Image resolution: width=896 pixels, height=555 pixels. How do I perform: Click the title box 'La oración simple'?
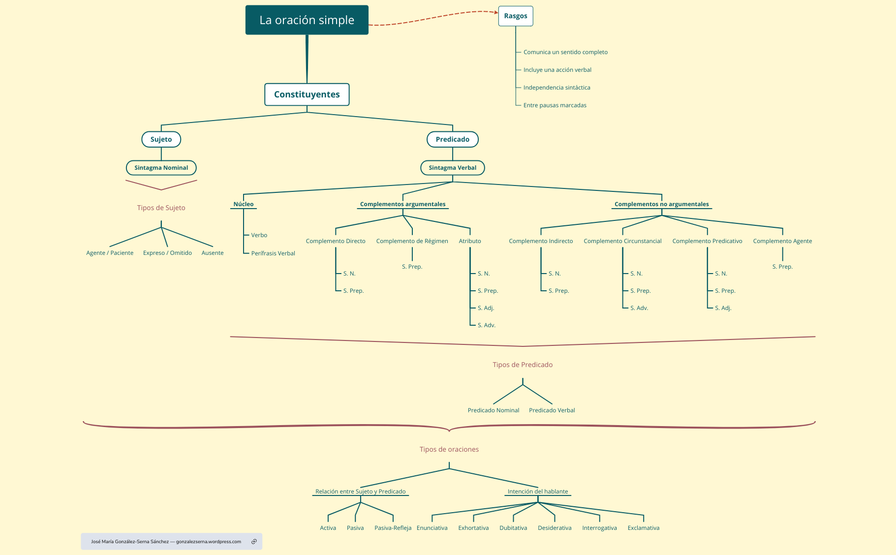(x=307, y=20)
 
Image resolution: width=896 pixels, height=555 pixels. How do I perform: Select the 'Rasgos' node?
(x=515, y=16)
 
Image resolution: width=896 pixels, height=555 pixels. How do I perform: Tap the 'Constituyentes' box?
(x=307, y=94)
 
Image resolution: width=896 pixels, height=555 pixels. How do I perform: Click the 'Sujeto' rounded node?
(x=161, y=139)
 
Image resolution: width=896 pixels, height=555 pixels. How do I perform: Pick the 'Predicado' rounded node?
(x=452, y=139)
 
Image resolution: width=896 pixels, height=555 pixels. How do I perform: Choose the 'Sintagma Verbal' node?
(x=452, y=168)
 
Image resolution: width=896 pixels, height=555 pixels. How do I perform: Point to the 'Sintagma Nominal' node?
(x=161, y=168)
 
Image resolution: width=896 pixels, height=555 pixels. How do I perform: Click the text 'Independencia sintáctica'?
(x=556, y=88)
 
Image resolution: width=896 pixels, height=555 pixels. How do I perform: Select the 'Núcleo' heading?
(x=244, y=204)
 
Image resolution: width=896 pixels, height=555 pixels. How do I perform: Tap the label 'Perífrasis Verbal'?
(x=273, y=253)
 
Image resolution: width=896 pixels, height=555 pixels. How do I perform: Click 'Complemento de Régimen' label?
(x=412, y=241)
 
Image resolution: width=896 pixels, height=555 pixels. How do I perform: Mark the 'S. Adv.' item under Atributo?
(x=486, y=325)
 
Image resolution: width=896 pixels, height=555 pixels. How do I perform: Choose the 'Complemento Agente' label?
(x=782, y=241)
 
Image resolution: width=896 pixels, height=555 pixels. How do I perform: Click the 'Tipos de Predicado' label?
(x=523, y=365)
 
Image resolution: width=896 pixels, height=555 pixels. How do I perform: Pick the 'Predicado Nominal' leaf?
(x=493, y=410)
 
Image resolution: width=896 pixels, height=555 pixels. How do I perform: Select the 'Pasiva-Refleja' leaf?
(x=393, y=528)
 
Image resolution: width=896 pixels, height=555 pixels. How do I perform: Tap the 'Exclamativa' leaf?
(x=643, y=528)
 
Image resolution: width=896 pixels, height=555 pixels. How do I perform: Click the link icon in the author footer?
(x=254, y=542)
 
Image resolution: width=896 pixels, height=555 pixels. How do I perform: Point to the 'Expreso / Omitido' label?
(x=167, y=253)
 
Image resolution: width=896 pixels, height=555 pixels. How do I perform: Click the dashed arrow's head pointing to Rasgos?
(x=496, y=12)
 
